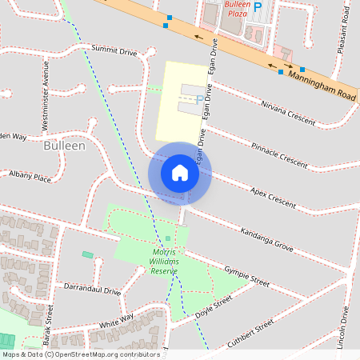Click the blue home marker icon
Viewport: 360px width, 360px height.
coord(180,172)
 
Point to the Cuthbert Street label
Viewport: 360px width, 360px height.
coord(250,331)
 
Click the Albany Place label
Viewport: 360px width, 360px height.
coord(30,174)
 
